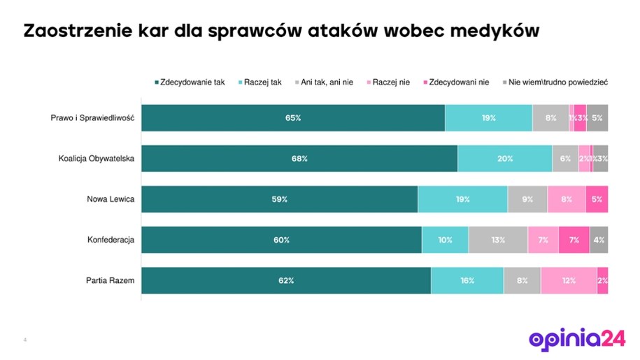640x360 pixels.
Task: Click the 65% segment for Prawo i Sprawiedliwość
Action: (x=293, y=118)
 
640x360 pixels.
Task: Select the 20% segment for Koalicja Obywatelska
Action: (x=505, y=159)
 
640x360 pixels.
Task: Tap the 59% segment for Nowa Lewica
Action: (x=280, y=199)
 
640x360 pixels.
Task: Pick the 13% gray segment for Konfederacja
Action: (x=498, y=240)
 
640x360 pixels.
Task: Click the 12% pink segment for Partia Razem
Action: (x=569, y=280)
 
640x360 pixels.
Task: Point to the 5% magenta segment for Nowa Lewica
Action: (x=597, y=199)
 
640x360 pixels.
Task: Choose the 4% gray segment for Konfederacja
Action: (x=599, y=240)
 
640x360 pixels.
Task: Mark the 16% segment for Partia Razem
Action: (x=467, y=280)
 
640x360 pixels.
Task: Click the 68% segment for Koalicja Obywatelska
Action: (x=299, y=159)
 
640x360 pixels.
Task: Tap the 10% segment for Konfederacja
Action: (x=446, y=240)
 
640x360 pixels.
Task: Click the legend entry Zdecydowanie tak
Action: (x=189, y=82)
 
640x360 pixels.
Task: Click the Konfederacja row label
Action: (x=111, y=240)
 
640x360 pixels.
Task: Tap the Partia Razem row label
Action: (x=110, y=280)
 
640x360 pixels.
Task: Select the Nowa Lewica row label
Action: (x=111, y=199)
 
